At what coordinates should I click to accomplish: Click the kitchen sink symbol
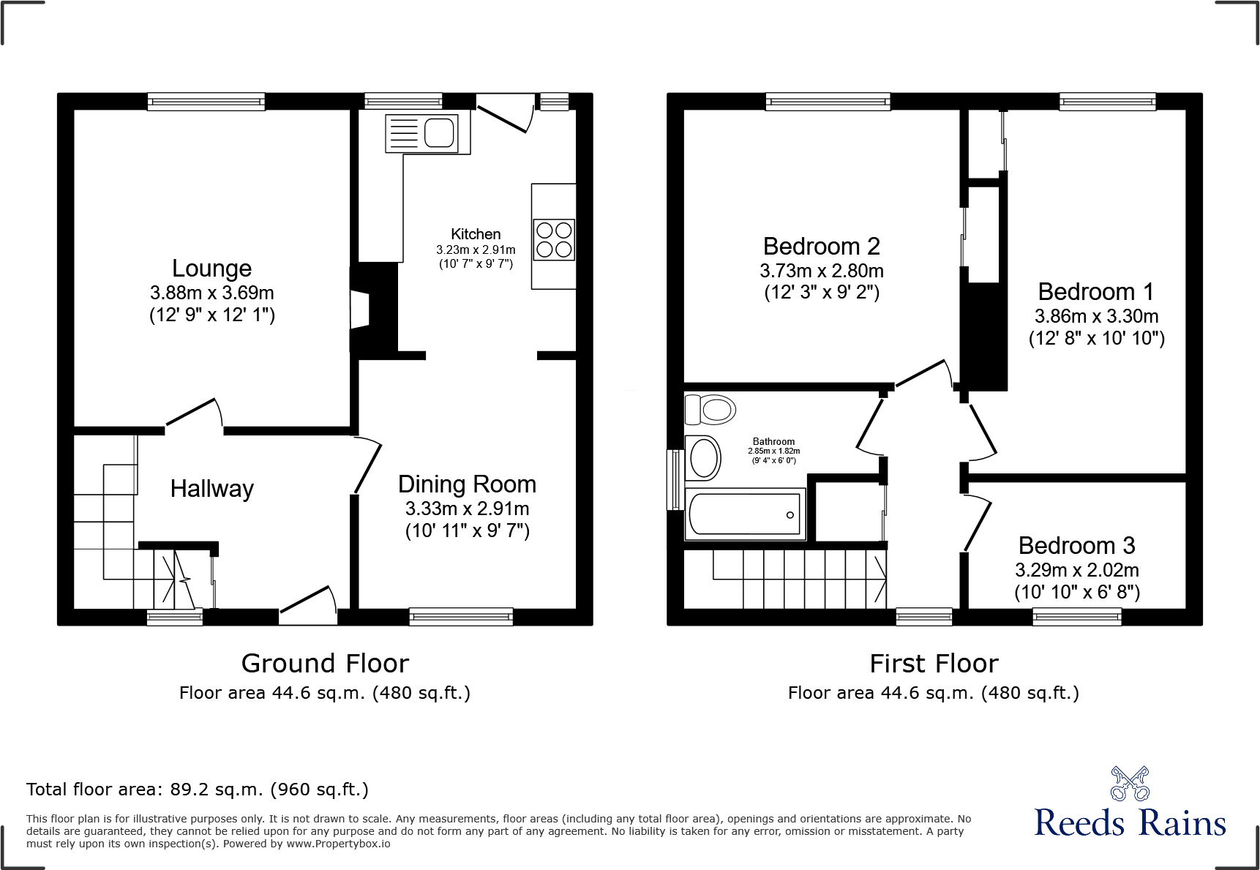422,133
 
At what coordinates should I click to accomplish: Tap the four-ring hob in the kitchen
554,239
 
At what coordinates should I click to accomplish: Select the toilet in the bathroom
710,410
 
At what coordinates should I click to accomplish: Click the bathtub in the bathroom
745,514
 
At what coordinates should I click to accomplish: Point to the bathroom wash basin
703,458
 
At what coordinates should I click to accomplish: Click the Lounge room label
211,269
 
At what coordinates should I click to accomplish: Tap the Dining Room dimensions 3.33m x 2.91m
467,509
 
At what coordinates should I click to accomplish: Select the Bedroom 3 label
1076,546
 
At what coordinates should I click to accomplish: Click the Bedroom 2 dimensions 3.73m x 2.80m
822,271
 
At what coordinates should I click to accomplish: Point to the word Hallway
211,489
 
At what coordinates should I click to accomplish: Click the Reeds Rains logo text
1130,823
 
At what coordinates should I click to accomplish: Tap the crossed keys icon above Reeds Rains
1130,784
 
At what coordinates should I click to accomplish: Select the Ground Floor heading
325,664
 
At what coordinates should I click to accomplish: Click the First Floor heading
934,664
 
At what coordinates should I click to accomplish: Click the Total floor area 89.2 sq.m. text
198,790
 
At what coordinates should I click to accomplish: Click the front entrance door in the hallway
308,604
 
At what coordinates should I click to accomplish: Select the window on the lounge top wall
206,102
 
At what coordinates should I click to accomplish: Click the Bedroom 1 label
1095,292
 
